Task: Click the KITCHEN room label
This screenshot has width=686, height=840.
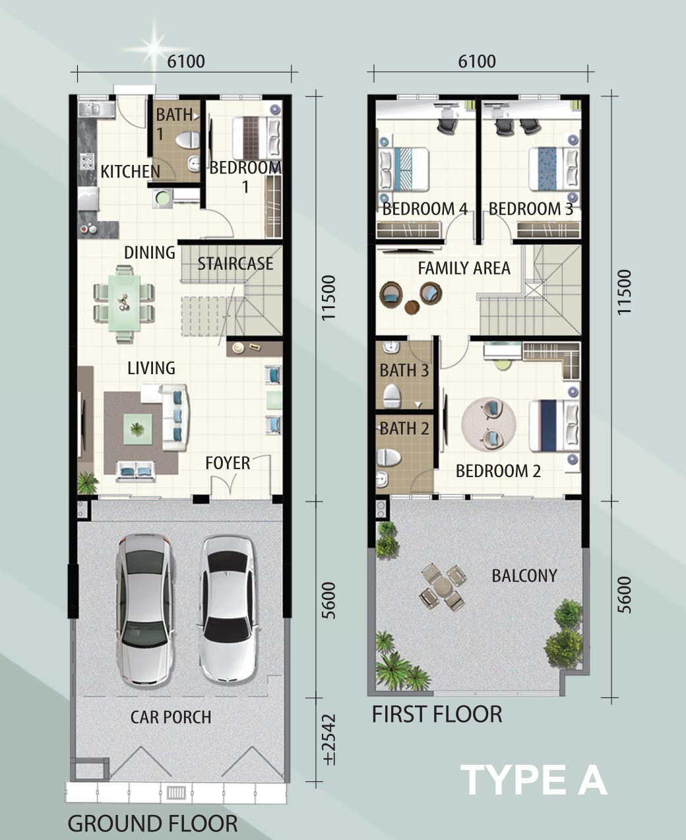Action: click(130, 172)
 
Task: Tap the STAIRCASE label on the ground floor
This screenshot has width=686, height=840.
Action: click(235, 264)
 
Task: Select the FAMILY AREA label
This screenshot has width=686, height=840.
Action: click(464, 268)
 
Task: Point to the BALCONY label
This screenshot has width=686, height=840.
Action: click(524, 575)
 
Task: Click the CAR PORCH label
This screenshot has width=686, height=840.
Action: click(171, 717)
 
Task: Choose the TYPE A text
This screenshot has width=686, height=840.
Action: click(534, 780)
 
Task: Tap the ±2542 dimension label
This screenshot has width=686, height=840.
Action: click(330, 739)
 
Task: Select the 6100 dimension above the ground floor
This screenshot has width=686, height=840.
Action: click(186, 61)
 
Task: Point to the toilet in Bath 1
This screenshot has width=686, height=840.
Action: click(187, 140)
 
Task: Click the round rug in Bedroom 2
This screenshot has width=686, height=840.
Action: click(489, 424)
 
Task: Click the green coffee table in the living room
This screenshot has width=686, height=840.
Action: click(137, 429)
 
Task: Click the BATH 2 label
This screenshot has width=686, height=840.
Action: click(404, 428)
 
